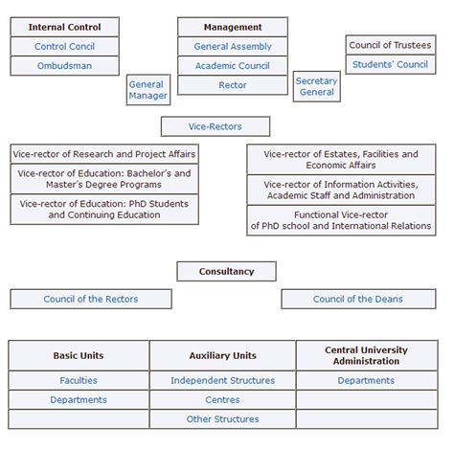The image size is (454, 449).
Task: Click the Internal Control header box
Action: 64,27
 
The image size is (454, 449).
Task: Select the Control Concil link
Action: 64,46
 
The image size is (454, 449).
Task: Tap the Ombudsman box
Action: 64,66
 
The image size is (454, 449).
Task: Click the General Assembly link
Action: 233,46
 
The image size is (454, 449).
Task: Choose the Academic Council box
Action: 233,66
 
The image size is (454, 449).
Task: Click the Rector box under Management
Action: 233,85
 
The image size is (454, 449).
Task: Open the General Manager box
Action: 148,90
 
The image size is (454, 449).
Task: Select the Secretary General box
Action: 316,86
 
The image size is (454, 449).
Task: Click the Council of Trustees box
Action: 390,45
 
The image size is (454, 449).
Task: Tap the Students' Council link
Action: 390,64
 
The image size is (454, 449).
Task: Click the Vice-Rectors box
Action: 216,126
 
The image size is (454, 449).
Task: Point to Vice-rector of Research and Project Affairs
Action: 104,154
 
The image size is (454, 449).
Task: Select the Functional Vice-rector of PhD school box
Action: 341,220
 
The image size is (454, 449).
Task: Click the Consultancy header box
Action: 226,271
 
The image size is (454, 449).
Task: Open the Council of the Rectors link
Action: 90,299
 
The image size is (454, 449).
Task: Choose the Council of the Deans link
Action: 357,299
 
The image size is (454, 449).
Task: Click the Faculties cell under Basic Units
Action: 79,380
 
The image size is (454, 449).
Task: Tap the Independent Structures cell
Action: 222,380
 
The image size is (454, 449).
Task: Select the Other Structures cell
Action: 222,418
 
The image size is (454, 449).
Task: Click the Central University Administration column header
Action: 366,355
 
